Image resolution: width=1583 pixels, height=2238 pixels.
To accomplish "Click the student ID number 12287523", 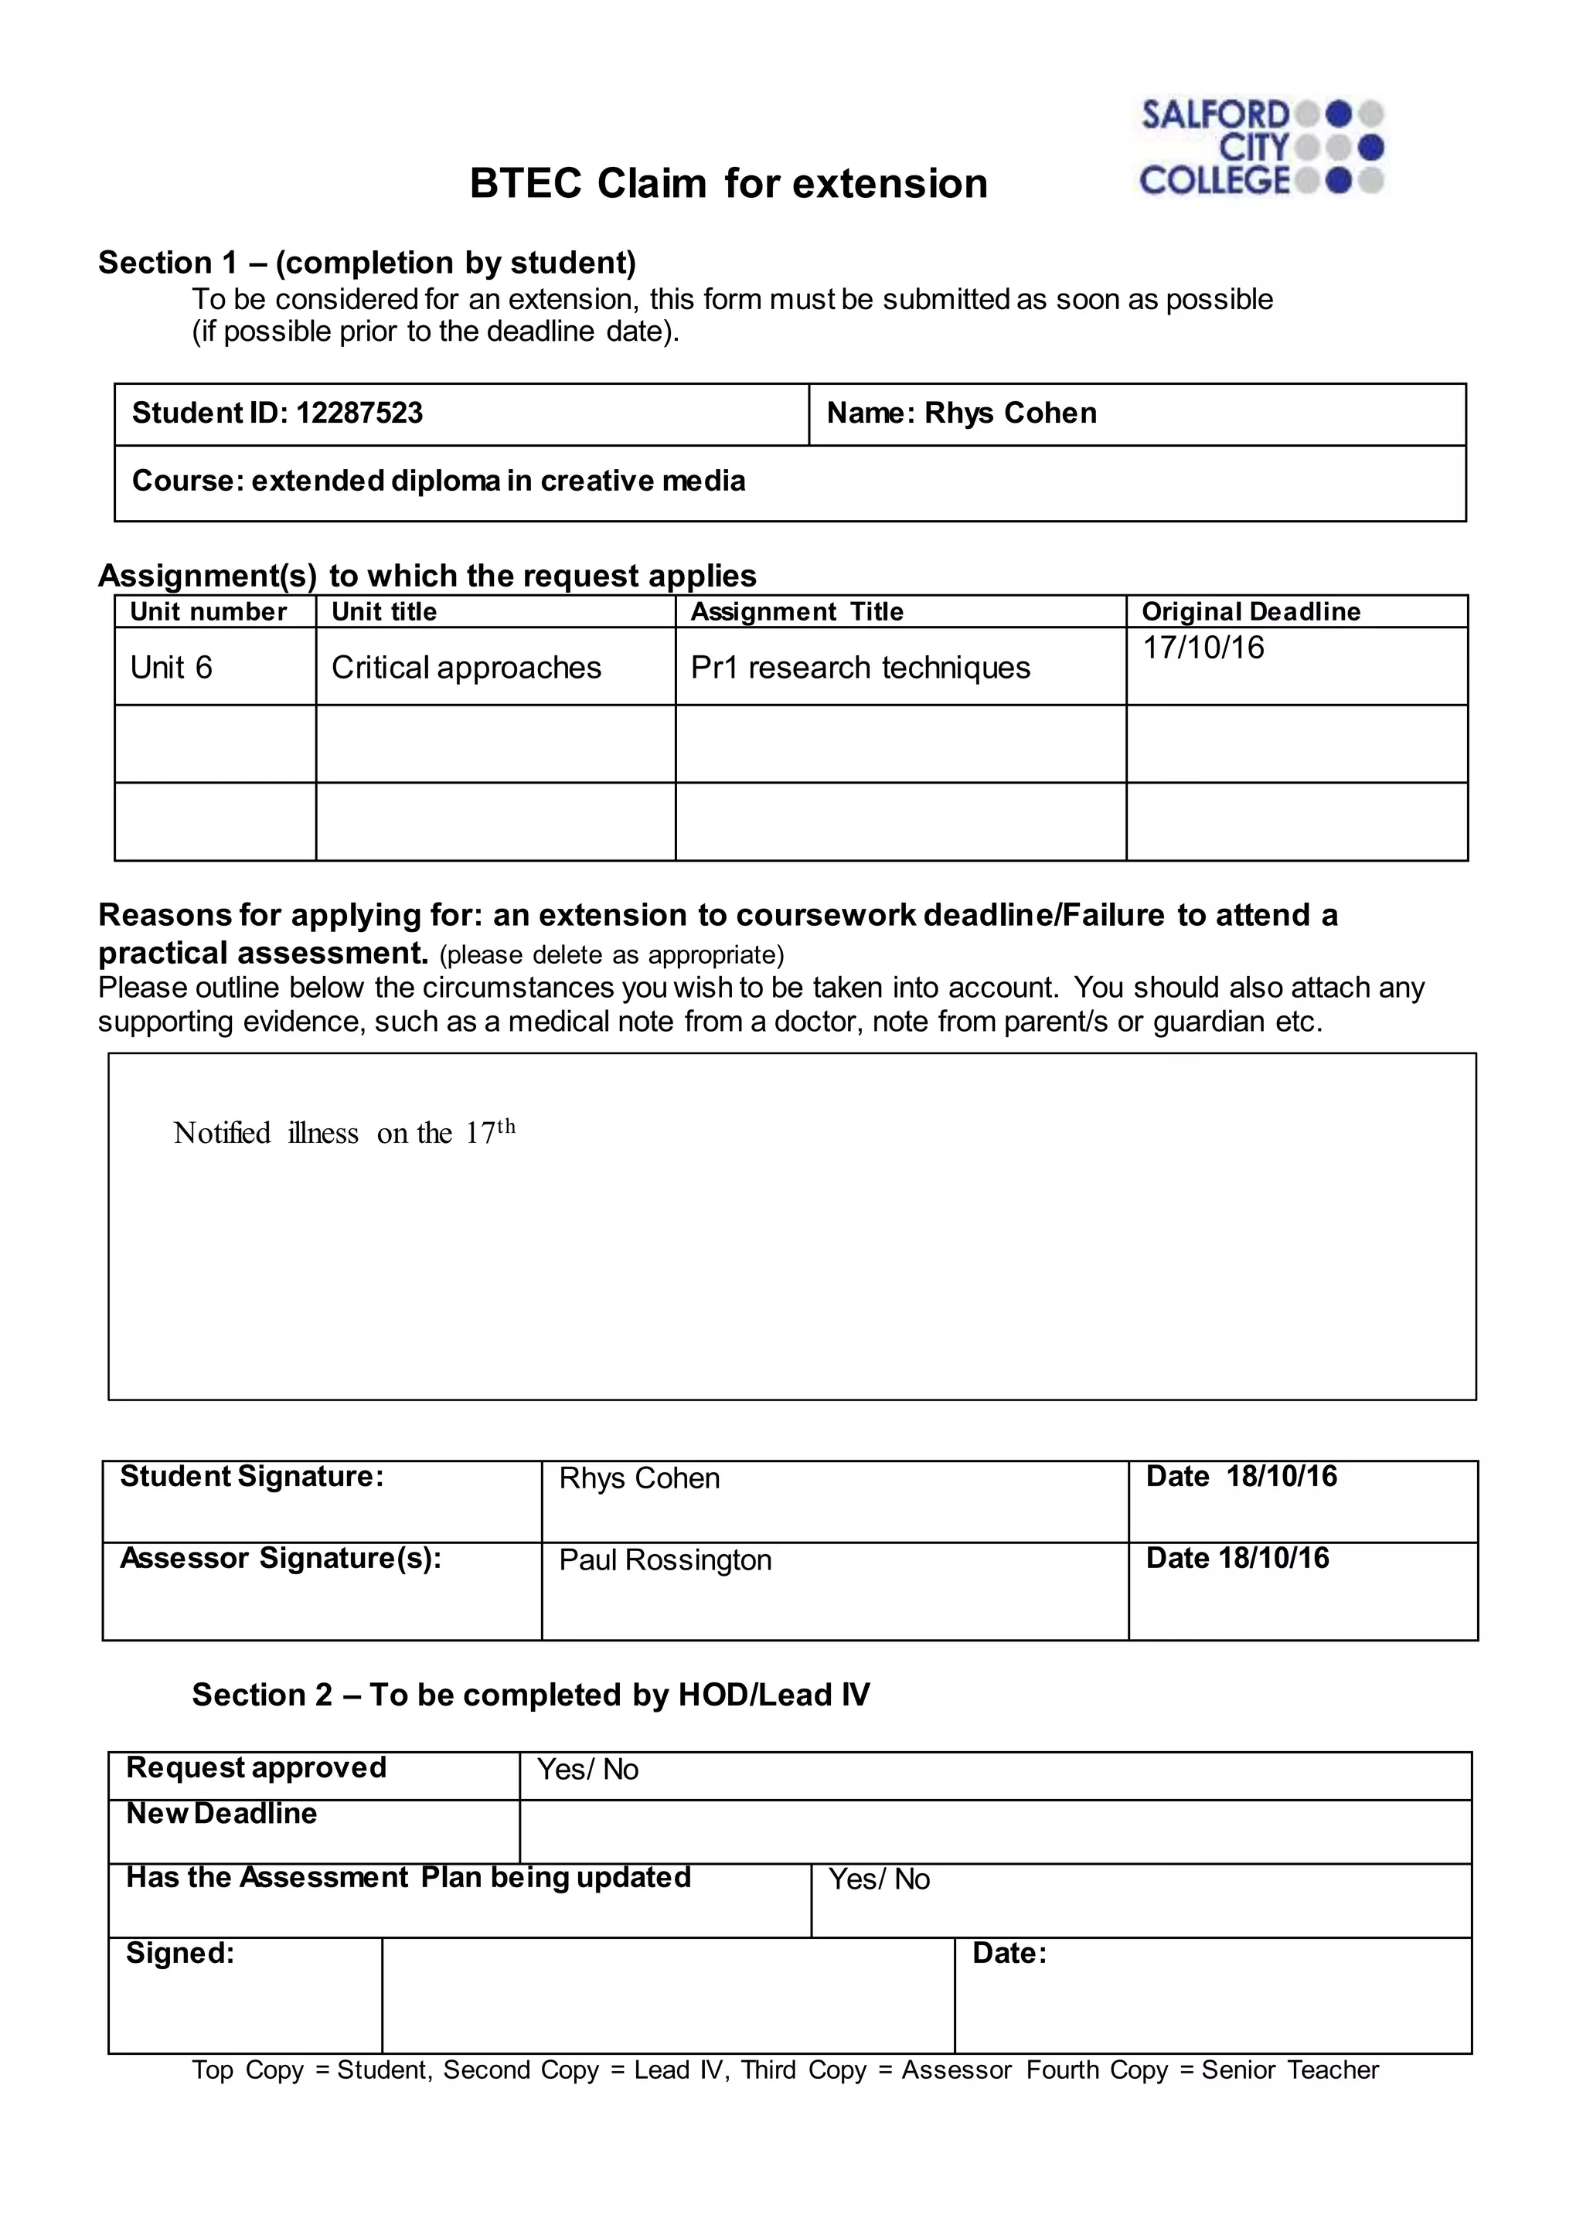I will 359,413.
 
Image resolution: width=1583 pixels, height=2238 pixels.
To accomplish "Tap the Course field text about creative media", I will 438,481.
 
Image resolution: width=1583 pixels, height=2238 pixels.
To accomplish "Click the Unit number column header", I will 208,612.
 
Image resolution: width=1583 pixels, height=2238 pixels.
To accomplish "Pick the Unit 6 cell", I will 171,668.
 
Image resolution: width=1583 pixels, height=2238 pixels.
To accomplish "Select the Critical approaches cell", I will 466,668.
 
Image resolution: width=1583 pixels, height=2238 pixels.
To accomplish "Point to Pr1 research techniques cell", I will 860,668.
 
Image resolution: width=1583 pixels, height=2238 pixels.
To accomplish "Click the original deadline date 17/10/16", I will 1203,648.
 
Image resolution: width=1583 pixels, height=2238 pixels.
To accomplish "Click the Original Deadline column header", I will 1251,612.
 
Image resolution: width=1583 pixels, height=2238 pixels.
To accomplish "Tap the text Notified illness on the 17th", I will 344,1133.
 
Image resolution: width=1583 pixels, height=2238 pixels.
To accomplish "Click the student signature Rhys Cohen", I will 638,1478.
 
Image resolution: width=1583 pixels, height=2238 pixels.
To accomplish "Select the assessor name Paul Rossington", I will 665,1560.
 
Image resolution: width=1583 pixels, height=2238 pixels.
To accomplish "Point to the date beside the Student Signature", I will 1281,1477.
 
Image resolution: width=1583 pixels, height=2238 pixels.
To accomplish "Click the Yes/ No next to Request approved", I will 587,1770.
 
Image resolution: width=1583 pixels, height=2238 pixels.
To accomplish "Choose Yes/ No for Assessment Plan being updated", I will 878,1879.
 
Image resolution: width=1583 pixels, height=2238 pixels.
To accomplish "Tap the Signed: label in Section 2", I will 180,1954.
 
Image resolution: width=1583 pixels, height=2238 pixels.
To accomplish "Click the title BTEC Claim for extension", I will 728,183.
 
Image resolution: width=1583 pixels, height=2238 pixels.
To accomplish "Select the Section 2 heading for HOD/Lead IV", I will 530,1695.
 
